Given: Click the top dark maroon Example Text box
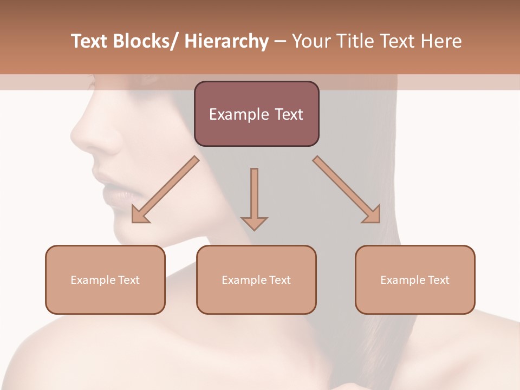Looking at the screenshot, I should (x=256, y=114).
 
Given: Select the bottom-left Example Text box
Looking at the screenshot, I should (x=105, y=279).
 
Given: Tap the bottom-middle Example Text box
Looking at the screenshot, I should (x=256, y=279).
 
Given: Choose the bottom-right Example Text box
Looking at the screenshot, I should (x=415, y=279).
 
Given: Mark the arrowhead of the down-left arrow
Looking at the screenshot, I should (x=140, y=214).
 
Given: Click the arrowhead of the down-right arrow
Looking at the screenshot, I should (x=372, y=214).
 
